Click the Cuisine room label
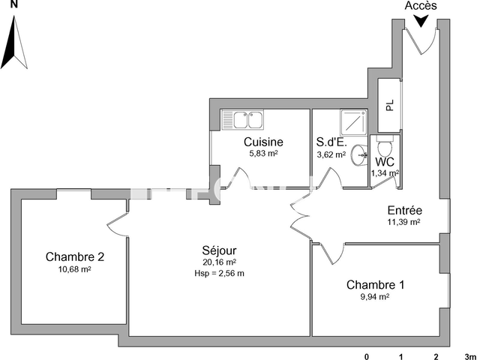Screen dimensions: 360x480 coord(263,142)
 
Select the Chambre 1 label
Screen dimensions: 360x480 coord(375,285)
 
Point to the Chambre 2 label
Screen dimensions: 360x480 coord(74,256)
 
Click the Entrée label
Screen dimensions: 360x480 coord(404,211)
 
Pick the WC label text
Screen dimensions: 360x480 coord(385,161)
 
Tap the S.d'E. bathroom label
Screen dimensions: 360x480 coord(331,142)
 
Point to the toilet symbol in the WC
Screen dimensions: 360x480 coord(385,144)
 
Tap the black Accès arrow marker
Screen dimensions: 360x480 coord(422,22)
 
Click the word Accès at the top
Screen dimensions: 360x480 coord(421,6)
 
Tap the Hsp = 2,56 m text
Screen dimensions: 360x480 coord(219,273)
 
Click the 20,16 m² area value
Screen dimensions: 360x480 coord(219,262)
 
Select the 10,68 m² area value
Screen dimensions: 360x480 coord(74,269)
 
